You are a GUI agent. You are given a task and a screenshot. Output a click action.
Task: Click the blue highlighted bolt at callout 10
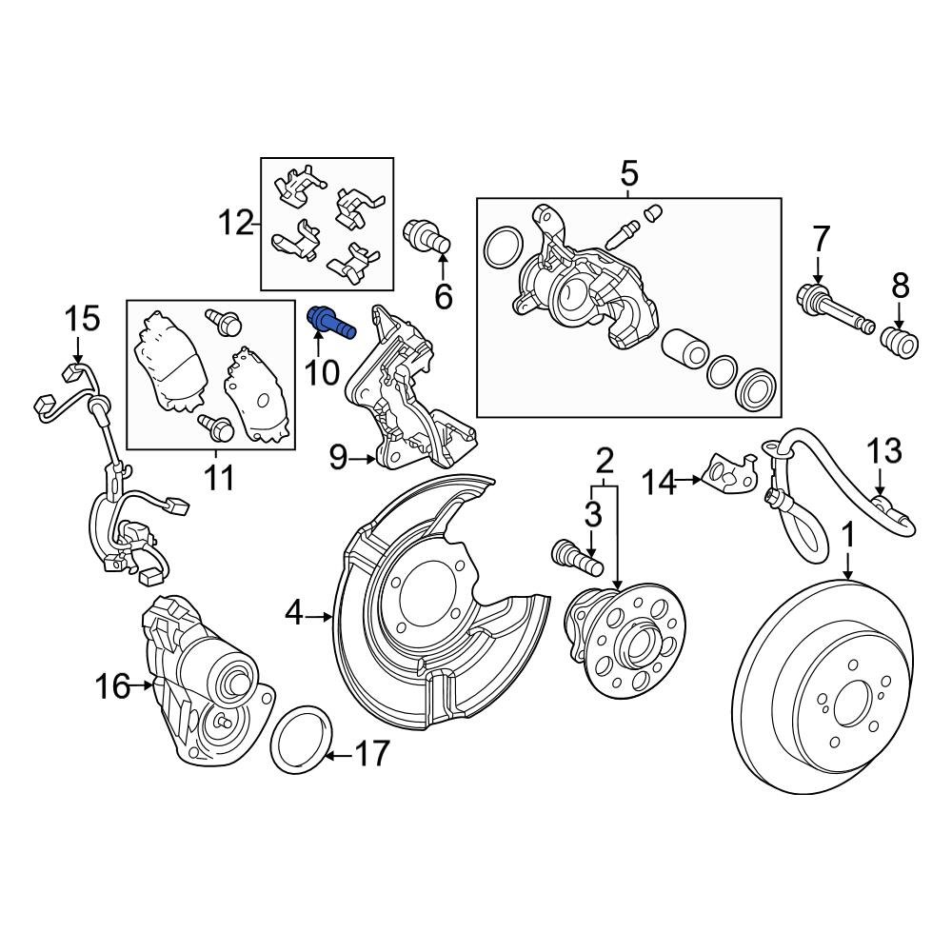tap(330, 323)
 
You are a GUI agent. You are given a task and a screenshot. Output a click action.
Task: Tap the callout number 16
tap(112, 685)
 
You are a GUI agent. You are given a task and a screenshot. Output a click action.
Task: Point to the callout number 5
tap(629, 175)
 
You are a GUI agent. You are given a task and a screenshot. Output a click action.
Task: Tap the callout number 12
tap(236, 225)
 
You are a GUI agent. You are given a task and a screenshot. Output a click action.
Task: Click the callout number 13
tap(883, 450)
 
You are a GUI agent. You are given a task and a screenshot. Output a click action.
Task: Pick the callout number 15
tap(83, 319)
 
